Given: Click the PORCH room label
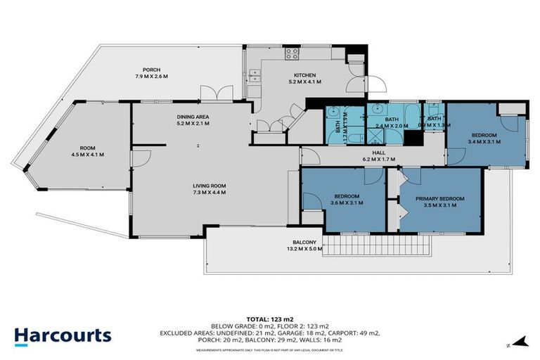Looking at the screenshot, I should (150, 69).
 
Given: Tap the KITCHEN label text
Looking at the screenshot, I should (304, 75).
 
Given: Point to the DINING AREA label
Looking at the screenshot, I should (192, 117).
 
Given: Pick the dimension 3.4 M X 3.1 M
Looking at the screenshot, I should (484, 141).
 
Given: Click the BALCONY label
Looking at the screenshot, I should (304, 242).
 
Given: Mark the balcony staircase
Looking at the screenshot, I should (380, 245).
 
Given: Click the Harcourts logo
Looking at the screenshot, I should (63, 335).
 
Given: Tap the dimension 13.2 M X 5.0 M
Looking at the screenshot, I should (304, 248).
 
